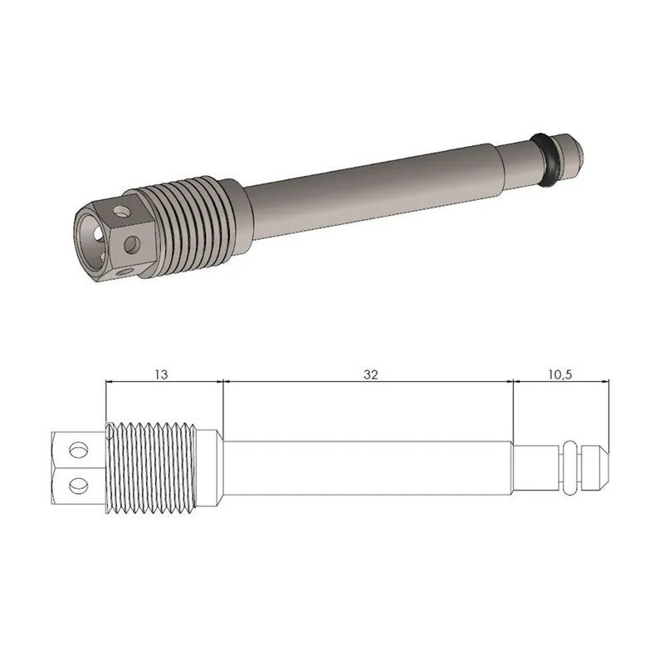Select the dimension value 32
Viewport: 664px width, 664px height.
tap(370, 374)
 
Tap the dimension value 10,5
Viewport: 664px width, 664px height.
tap(560, 374)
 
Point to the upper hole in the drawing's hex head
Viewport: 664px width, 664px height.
tap(78, 449)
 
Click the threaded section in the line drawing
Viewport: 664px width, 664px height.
tap(154, 466)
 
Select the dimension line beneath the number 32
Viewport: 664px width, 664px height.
tap(370, 382)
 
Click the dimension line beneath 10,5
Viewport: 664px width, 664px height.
tap(560, 382)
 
